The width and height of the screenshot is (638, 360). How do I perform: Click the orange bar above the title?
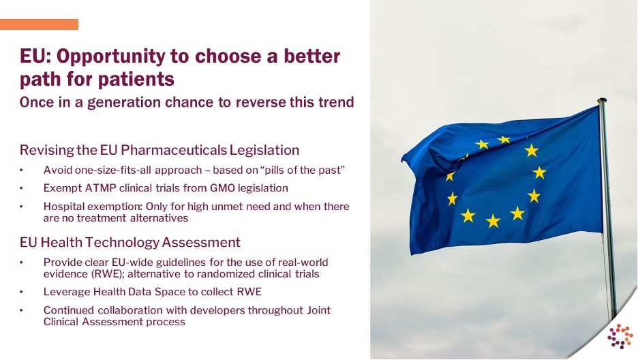[x=39, y=25]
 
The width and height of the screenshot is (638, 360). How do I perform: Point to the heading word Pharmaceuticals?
[x=173, y=150]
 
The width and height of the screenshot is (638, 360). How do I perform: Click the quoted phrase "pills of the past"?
[x=302, y=170]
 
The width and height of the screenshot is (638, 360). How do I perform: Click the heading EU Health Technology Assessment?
[x=130, y=242]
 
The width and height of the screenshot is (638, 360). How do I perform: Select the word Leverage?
[x=67, y=292]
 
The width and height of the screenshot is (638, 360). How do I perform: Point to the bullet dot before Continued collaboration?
[x=22, y=310]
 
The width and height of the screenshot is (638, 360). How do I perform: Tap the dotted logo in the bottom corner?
[x=620, y=336]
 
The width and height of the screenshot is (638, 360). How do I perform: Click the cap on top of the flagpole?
[x=602, y=100]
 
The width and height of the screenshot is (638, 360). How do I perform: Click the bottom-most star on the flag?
[x=493, y=221]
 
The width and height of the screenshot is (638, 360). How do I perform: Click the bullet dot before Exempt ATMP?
[x=22, y=188]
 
